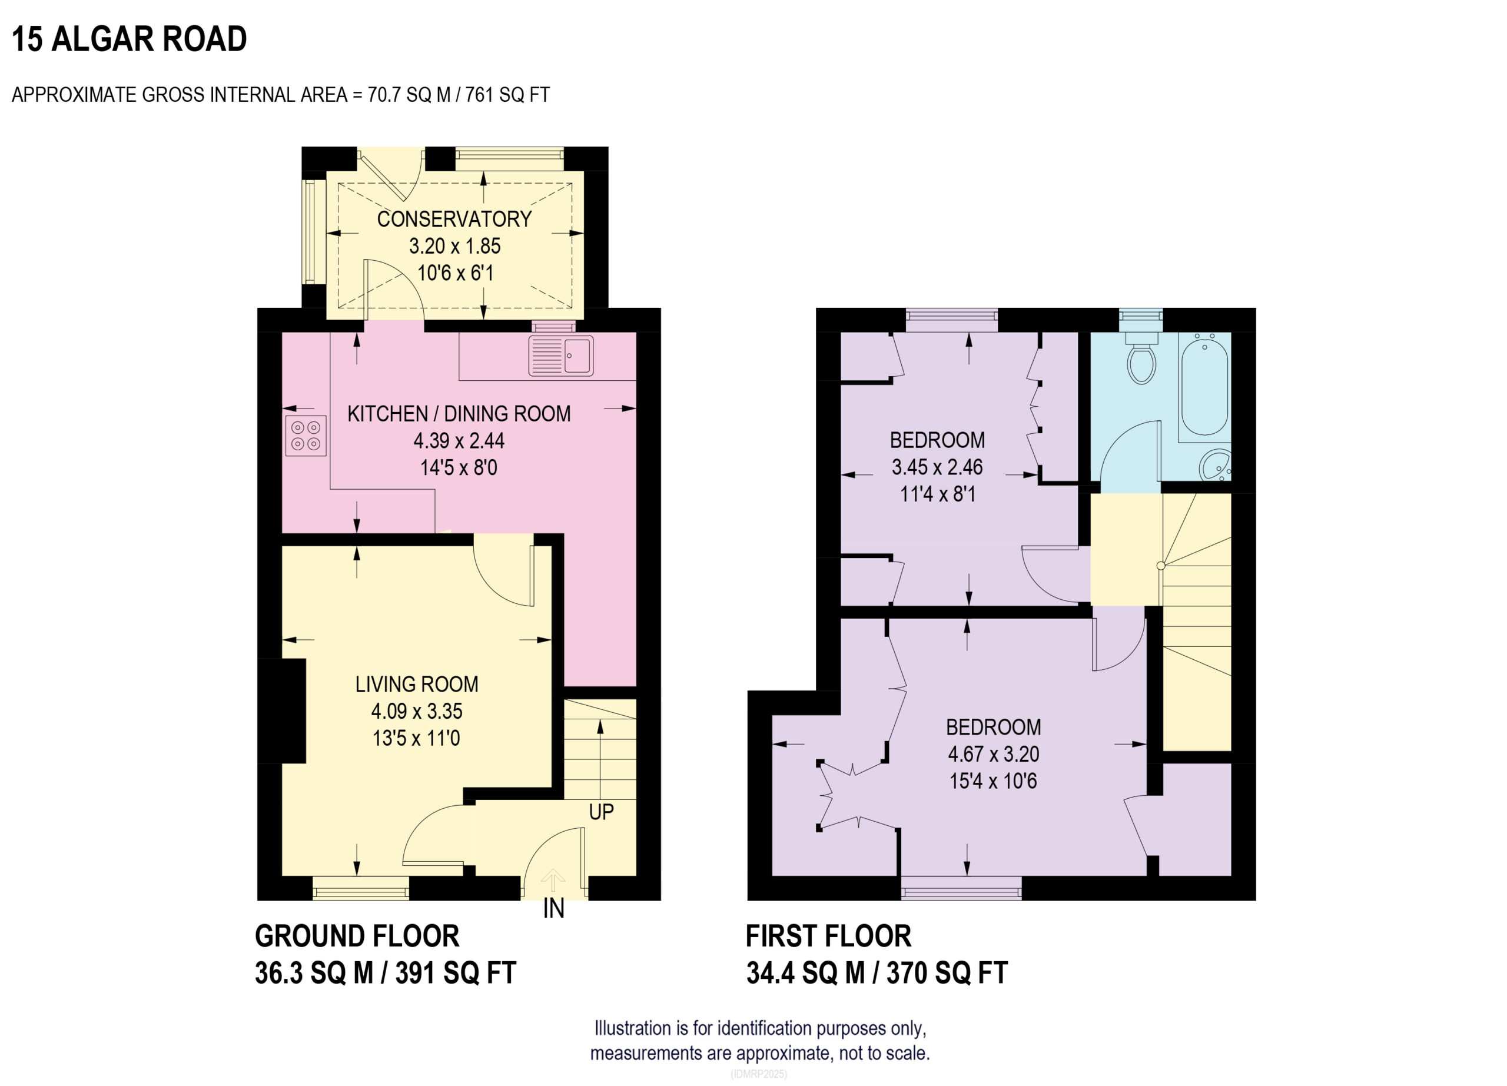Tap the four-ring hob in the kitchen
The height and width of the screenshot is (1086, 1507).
tap(306, 436)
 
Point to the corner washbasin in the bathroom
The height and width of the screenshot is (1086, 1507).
tap(1217, 464)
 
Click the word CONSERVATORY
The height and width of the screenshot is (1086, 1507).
tap(454, 219)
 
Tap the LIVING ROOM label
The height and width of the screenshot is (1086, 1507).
tap(417, 684)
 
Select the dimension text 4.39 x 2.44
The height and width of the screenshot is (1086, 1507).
tap(459, 440)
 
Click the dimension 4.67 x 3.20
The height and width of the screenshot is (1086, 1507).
tap(993, 754)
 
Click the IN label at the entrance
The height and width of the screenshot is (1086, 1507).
tap(553, 909)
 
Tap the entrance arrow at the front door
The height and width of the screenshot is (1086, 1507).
tap(553, 881)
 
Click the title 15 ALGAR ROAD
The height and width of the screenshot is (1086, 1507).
tap(130, 38)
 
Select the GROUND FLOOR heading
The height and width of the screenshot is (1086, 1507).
tap(357, 936)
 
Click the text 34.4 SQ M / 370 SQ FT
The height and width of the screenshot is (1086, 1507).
tap(877, 973)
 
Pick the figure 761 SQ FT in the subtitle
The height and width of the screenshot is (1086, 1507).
tap(507, 95)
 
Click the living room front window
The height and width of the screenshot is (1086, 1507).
tap(360, 888)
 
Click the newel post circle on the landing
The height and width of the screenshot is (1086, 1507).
tap(1161, 566)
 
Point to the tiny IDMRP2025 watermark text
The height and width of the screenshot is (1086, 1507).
tap(758, 1074)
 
